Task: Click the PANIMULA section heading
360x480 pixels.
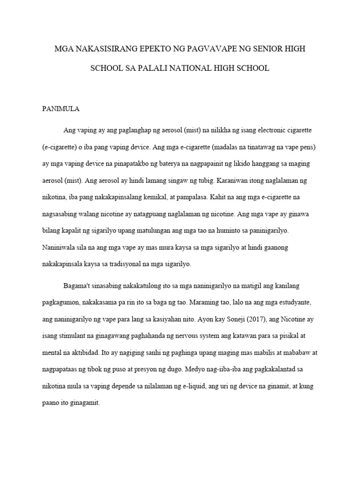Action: click(x=61, y=109)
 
